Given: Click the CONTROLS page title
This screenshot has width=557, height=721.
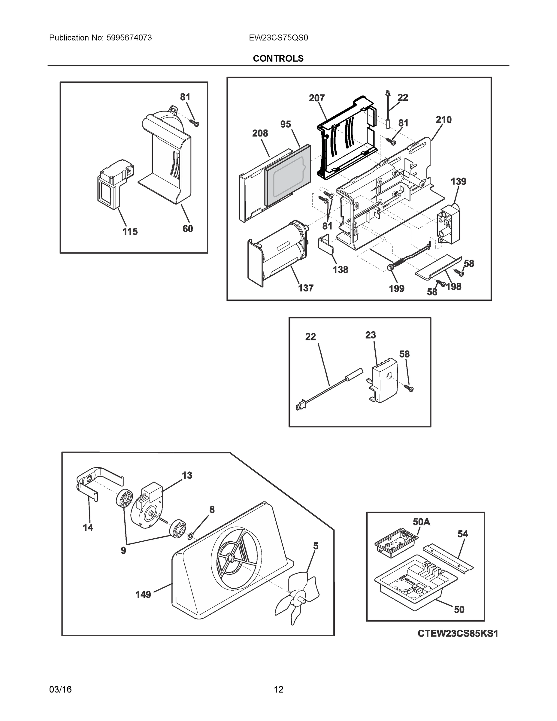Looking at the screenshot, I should [278, 59].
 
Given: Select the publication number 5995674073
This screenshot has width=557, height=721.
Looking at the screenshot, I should [129, 38].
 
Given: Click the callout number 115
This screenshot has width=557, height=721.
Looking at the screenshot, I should [130, 231].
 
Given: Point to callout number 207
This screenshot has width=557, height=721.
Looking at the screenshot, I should [316, 98].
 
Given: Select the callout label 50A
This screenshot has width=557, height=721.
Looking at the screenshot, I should [421, 522].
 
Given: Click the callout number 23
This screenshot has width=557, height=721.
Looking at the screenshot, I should [370, 335].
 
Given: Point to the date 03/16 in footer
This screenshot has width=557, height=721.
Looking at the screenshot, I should [60, 689].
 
